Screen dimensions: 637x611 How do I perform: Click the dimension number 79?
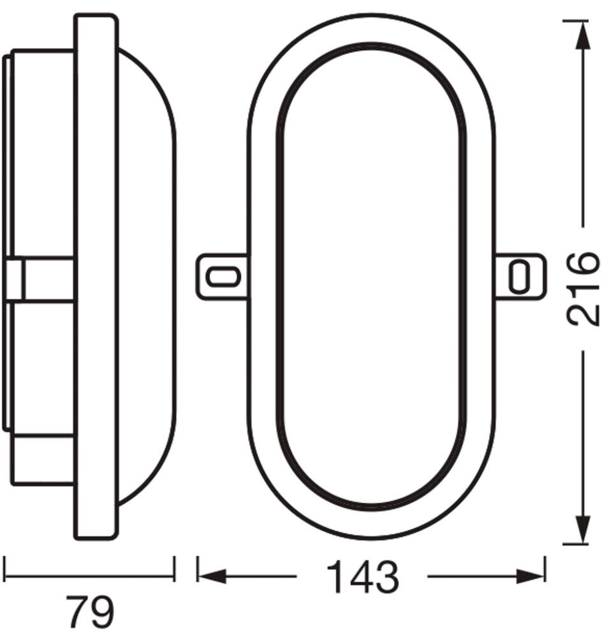coord(89,612)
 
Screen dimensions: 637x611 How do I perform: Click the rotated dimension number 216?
coord(584,290)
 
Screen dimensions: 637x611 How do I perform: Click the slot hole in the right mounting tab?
coord(520,276)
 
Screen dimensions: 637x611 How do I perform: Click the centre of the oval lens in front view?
coord(371,277)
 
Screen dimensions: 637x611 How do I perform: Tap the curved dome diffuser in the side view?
coord(150,277)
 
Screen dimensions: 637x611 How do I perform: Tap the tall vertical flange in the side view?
coord(96,277)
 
